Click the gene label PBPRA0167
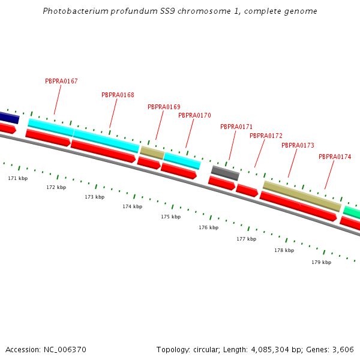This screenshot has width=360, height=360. [x=61, y=81]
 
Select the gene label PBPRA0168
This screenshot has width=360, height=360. [x=118, y=95]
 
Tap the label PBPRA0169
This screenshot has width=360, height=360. [x=164, y=107]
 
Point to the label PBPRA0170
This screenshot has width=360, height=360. [x=194, y=115]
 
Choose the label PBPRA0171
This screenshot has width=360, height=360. [x=236, y=127]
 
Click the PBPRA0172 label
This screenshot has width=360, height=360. [x=266, y=136]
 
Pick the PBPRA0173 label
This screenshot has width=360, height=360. [x=298, y=145]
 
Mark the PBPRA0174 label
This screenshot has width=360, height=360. [x=335, y=157]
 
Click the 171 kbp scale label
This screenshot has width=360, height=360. [x=17, y=178]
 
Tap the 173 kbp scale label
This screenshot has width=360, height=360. [x=94, y=197]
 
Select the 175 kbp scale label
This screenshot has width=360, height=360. [x=170, y=217]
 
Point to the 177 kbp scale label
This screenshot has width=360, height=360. [x=246, y=239]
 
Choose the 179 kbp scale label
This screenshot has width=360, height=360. [x=321, y=262]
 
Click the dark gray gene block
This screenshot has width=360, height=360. [x=225, y=173]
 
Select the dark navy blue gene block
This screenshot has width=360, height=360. [x=8, y=117]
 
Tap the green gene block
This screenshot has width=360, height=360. [x=352, y=212]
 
